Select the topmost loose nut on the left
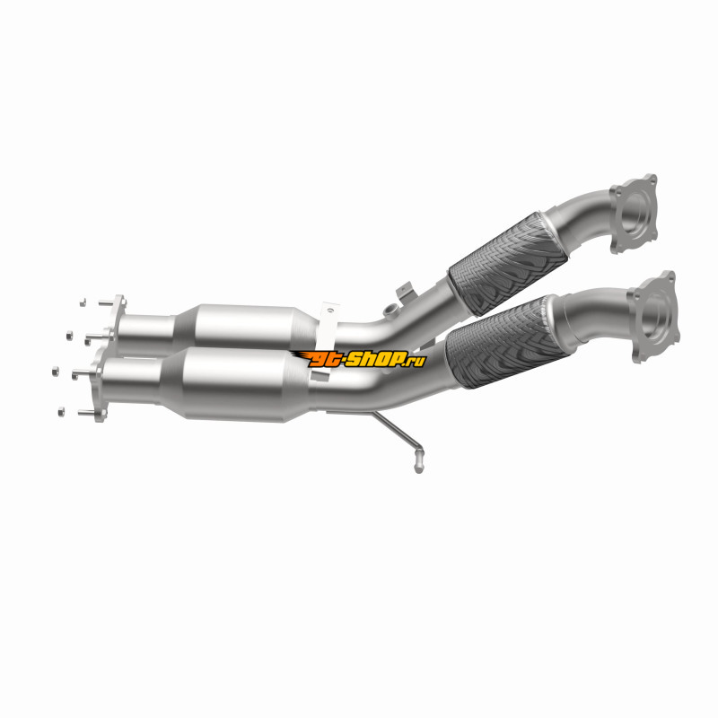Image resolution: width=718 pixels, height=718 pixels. pos(83,302)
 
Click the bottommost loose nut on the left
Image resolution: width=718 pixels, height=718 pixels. pos(61,412)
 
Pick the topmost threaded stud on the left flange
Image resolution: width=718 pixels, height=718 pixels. pos(106,302)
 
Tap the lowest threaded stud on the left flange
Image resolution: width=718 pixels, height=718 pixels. pos(88,413)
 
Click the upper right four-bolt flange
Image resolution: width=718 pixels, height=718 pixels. pos(635,214)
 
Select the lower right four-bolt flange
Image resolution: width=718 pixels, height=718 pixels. pos(653,317)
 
